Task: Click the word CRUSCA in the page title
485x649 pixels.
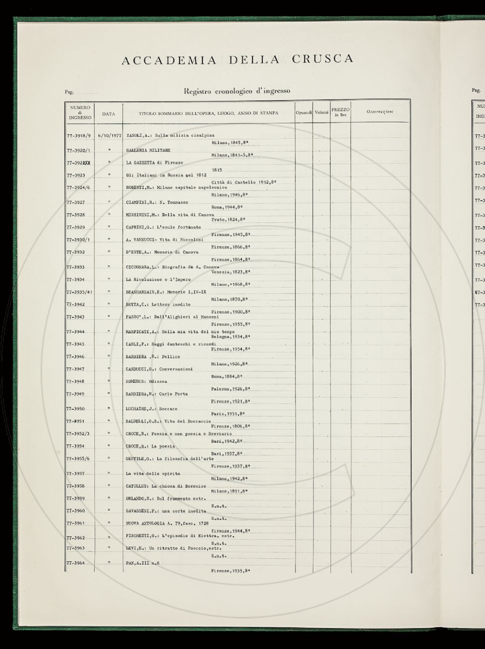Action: pos(322,59)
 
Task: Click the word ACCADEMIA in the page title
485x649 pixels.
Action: pos(169,61)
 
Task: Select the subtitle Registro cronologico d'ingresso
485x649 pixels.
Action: pos(237,91)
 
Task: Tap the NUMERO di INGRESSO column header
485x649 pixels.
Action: pos(80,113)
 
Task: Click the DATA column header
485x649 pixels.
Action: pos(108,114)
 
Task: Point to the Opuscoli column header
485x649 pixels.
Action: pos(304,113)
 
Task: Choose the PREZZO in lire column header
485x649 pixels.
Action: pos(340,112)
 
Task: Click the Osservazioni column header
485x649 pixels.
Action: pos(380,111)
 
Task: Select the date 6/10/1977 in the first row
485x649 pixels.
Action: pos(110,135)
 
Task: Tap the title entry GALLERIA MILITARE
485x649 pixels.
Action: pos(148,150)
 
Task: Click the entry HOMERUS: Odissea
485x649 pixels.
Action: pos(146,381)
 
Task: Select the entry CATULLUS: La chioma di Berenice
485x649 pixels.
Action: pos(166,486)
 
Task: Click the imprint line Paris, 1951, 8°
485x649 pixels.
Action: pos(228,414)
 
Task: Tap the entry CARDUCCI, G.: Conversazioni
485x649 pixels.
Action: pos(159,369)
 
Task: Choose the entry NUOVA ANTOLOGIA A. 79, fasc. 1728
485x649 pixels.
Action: pos(167,523)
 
